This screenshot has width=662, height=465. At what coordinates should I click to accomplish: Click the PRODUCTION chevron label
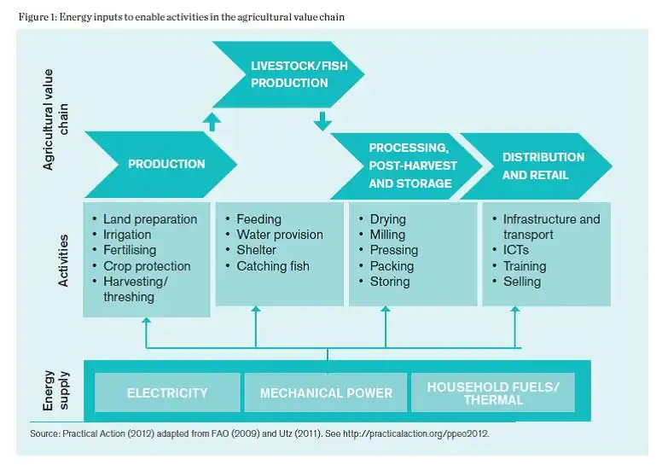(166, 164)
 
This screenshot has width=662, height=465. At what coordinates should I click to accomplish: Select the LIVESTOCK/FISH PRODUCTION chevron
(289, 74)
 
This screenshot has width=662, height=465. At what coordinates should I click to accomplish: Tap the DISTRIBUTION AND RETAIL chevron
(543, 166)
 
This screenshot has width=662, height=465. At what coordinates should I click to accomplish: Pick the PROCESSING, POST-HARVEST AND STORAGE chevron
(413, 166)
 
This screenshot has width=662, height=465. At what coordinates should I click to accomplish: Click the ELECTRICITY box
(167, 392)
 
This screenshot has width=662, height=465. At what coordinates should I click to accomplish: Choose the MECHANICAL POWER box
(326, 392)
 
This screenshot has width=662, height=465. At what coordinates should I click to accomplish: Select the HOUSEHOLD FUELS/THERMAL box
(493, 392)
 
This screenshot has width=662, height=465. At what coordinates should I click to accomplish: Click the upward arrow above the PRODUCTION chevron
(212, 121)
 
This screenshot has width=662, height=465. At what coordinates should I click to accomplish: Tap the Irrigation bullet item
(126, 235)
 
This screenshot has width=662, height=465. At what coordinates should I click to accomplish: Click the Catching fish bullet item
(272, 266)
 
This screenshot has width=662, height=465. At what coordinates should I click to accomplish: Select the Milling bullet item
(387, 235)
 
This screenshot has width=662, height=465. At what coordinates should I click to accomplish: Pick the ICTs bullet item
(515, 250)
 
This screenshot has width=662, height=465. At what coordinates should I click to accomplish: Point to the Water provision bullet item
(279, 235)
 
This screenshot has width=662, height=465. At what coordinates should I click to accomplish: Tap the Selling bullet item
(521, 282)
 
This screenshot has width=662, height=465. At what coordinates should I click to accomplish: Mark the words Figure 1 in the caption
(36, 17)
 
